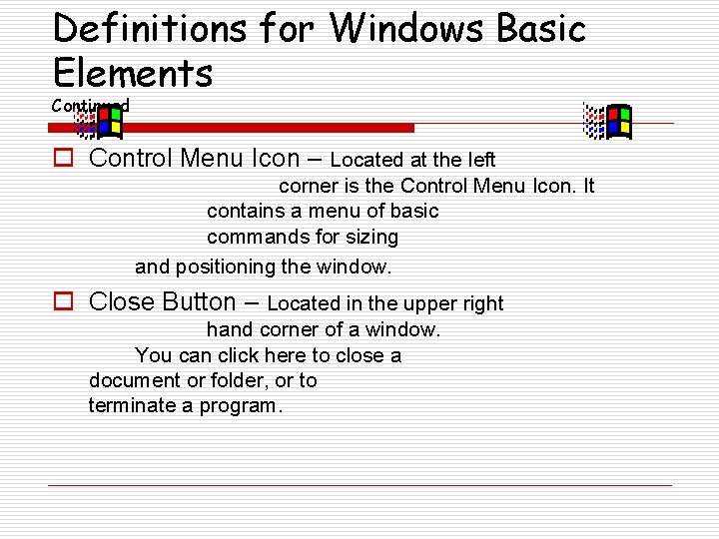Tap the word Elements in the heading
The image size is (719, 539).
point(133,73)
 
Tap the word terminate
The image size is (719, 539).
point(130,405)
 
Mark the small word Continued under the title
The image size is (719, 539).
point(91,105)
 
